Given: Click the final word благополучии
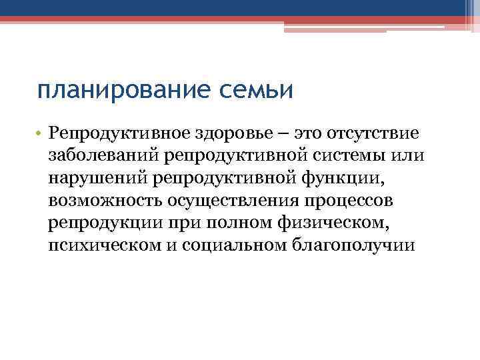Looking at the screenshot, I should [354, 245].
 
